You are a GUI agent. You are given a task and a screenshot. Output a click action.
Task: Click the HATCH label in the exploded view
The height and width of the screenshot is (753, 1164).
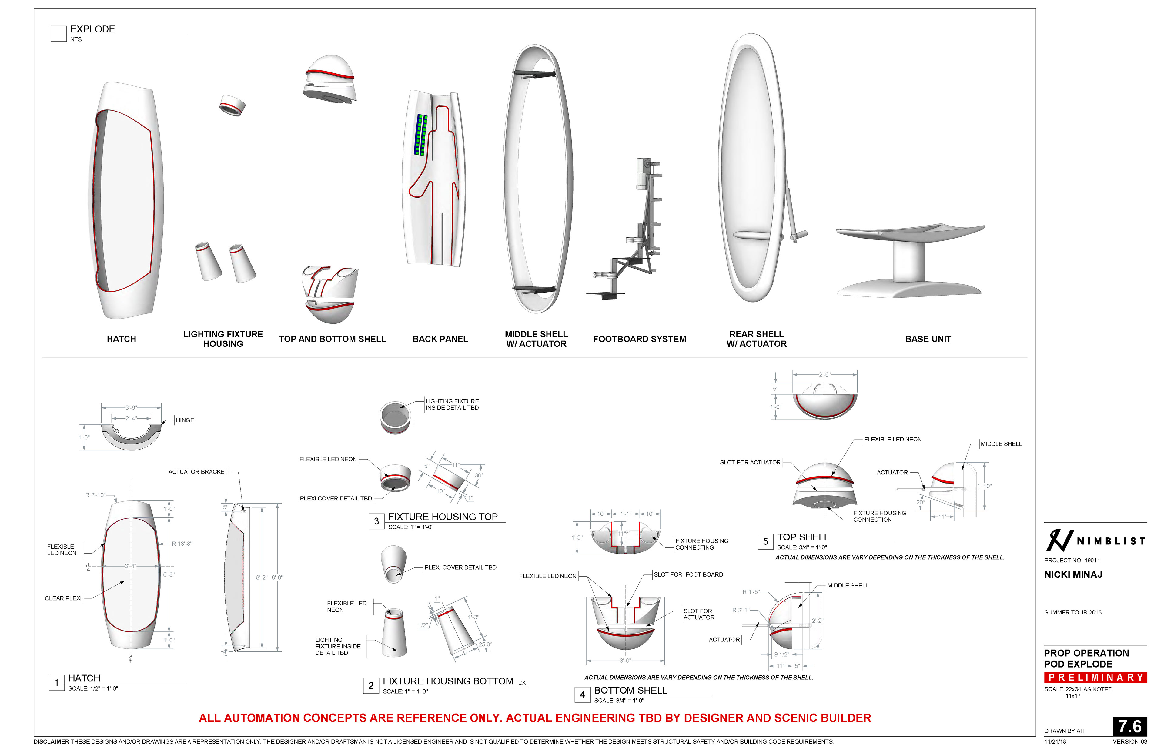point(121,339)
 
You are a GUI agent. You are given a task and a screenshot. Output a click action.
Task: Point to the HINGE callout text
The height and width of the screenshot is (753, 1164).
point(185,420)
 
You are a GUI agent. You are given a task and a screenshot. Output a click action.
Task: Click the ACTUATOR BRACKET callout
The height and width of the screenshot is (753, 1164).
point(198,472)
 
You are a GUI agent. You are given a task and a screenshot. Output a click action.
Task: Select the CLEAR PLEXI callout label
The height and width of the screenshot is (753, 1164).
point(63,598)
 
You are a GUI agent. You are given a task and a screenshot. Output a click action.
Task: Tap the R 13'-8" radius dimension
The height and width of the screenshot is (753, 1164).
point(182,544)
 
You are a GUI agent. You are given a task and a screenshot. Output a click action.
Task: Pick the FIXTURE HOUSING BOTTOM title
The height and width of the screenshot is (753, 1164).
point(448,681)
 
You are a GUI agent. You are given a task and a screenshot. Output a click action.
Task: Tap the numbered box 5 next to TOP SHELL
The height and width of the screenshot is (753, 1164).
point(765,541)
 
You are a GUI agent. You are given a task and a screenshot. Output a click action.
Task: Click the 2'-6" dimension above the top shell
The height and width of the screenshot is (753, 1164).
point(824,375)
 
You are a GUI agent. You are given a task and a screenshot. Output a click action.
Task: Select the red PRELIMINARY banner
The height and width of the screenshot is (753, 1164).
point(1095,677)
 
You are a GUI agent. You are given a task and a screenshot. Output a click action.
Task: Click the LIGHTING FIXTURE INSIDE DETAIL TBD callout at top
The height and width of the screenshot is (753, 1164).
point(452,404)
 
